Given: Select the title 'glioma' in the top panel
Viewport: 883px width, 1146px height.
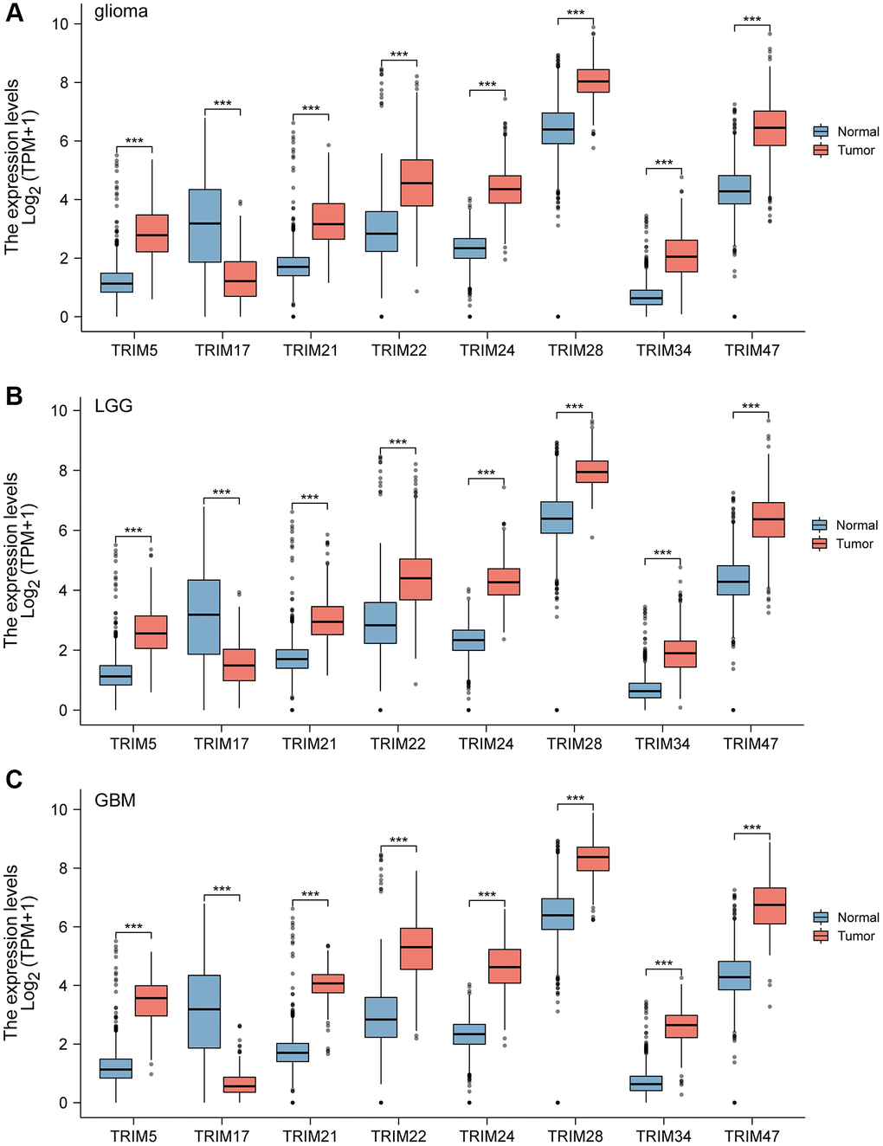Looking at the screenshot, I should point(121,12).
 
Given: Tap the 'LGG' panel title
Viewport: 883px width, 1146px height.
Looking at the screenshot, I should point(113,406).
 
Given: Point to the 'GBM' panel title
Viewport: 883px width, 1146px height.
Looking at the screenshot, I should point(115,800).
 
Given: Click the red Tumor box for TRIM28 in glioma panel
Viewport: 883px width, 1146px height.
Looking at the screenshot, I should point(593,80).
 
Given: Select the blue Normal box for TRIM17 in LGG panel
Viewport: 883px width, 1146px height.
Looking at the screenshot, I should point(203,616).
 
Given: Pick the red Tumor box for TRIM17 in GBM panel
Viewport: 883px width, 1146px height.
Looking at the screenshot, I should point(240,1085).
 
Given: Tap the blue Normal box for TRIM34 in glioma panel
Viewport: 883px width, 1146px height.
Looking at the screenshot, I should point(646,297).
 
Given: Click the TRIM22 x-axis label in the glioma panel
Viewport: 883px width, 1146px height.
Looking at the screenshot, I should point(399,351).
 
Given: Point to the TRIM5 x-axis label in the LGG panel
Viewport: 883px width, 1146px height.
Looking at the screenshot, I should point(133,744).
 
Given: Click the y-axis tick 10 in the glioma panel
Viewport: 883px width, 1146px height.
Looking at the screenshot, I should point(60,23).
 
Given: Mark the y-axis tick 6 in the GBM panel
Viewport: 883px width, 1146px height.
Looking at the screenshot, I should point(63,927).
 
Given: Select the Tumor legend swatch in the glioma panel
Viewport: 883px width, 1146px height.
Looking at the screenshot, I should point(821,150).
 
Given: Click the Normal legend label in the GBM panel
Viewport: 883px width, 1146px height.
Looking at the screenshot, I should point(858,917).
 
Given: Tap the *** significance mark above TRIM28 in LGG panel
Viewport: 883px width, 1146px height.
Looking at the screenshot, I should point(574,407).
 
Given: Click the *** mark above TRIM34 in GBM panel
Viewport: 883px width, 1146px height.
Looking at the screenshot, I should point(664,963).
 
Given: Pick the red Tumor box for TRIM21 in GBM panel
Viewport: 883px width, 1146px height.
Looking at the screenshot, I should point(328,983).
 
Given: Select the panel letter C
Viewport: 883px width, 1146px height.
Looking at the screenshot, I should point(14,780).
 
